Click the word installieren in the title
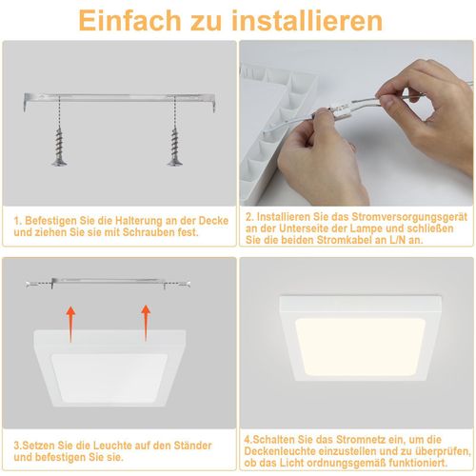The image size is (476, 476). pyautogui.click(x=295, y=20)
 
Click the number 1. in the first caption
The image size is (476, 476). pyautogui.click(x=17, y=220)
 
